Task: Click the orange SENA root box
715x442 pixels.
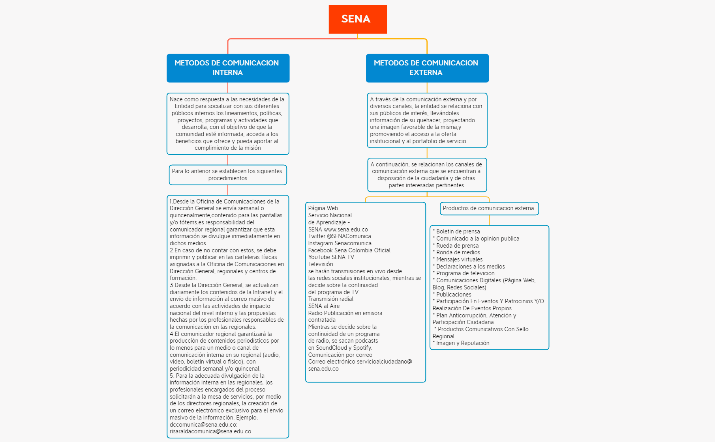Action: click(x=357, y=19)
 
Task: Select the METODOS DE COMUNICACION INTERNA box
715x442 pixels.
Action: click(x=228, y=68)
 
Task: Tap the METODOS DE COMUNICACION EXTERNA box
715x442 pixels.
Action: click(x=427, y=68)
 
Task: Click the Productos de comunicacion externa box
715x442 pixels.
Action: click(x=489, y=208)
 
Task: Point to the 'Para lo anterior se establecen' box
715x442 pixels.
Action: click(x=227, y=175)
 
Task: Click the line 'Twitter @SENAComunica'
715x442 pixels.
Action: click(x=340, y=236)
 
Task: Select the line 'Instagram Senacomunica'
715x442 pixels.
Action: click(x=340, y=243)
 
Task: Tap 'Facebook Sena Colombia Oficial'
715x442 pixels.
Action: click(x=349, y=250)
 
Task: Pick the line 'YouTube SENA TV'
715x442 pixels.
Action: click(x=331, y=257)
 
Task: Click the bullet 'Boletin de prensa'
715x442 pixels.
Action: click(x=458, y=231)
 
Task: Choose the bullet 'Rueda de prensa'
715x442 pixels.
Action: click(x=457, y=246)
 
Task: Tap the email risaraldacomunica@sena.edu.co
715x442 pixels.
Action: click(x=210, y=431)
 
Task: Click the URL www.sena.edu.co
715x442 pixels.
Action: click(x=345, y=229)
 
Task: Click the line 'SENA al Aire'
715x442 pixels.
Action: click(x=324, y=306)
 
